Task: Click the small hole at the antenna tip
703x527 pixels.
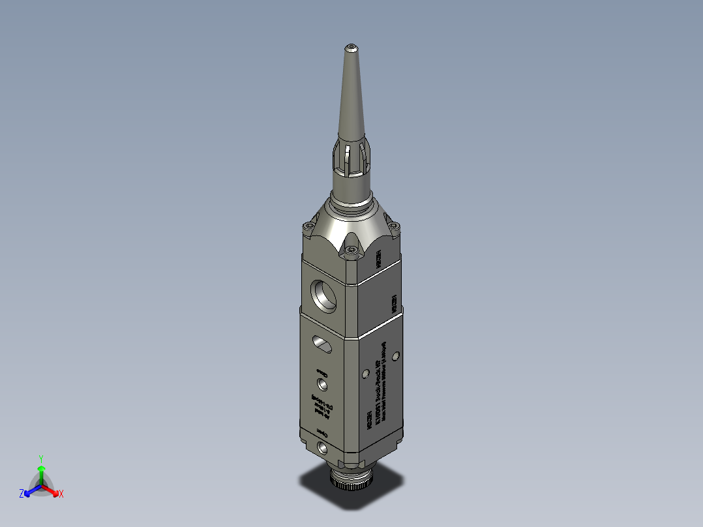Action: pyautogui.click(x=351, y=47)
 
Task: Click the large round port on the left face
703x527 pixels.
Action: pyautogui.click(x=323, y=294)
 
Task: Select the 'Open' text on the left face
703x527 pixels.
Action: pyautogui.click(x=322, y=433)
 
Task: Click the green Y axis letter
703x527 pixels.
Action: pyautogui.click(x=40, y=458)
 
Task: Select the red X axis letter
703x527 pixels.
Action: pyautogui.click(x=61, y=494)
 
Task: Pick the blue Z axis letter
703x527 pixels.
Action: pyautogui.click(x=22, y=494)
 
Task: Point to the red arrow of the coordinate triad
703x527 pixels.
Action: pyautogui.click(x=53, y=490)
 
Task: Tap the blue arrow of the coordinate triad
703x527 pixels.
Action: pyautogui.click(x=30, y=490)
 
